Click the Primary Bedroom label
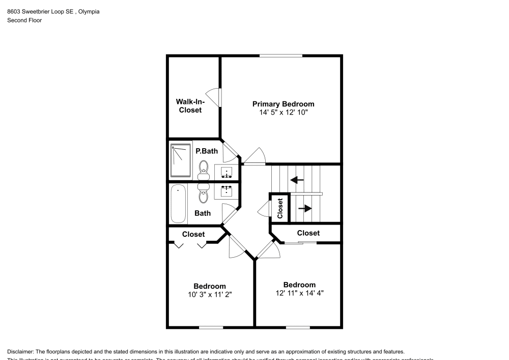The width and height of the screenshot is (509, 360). [283, 104]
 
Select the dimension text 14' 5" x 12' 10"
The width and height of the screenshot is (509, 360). [283, 112]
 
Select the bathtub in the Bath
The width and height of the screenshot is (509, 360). [178, 204]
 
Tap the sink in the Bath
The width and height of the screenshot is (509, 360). [227, 191]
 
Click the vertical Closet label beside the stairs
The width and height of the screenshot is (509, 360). [280, 208]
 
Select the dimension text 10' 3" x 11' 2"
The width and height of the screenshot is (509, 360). [209, 294]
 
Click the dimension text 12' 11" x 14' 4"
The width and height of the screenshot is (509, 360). [299, 293]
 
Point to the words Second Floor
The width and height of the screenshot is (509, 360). [24, 20]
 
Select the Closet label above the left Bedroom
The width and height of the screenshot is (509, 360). [193, 234]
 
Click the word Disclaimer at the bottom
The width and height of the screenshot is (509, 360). [20, 352]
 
